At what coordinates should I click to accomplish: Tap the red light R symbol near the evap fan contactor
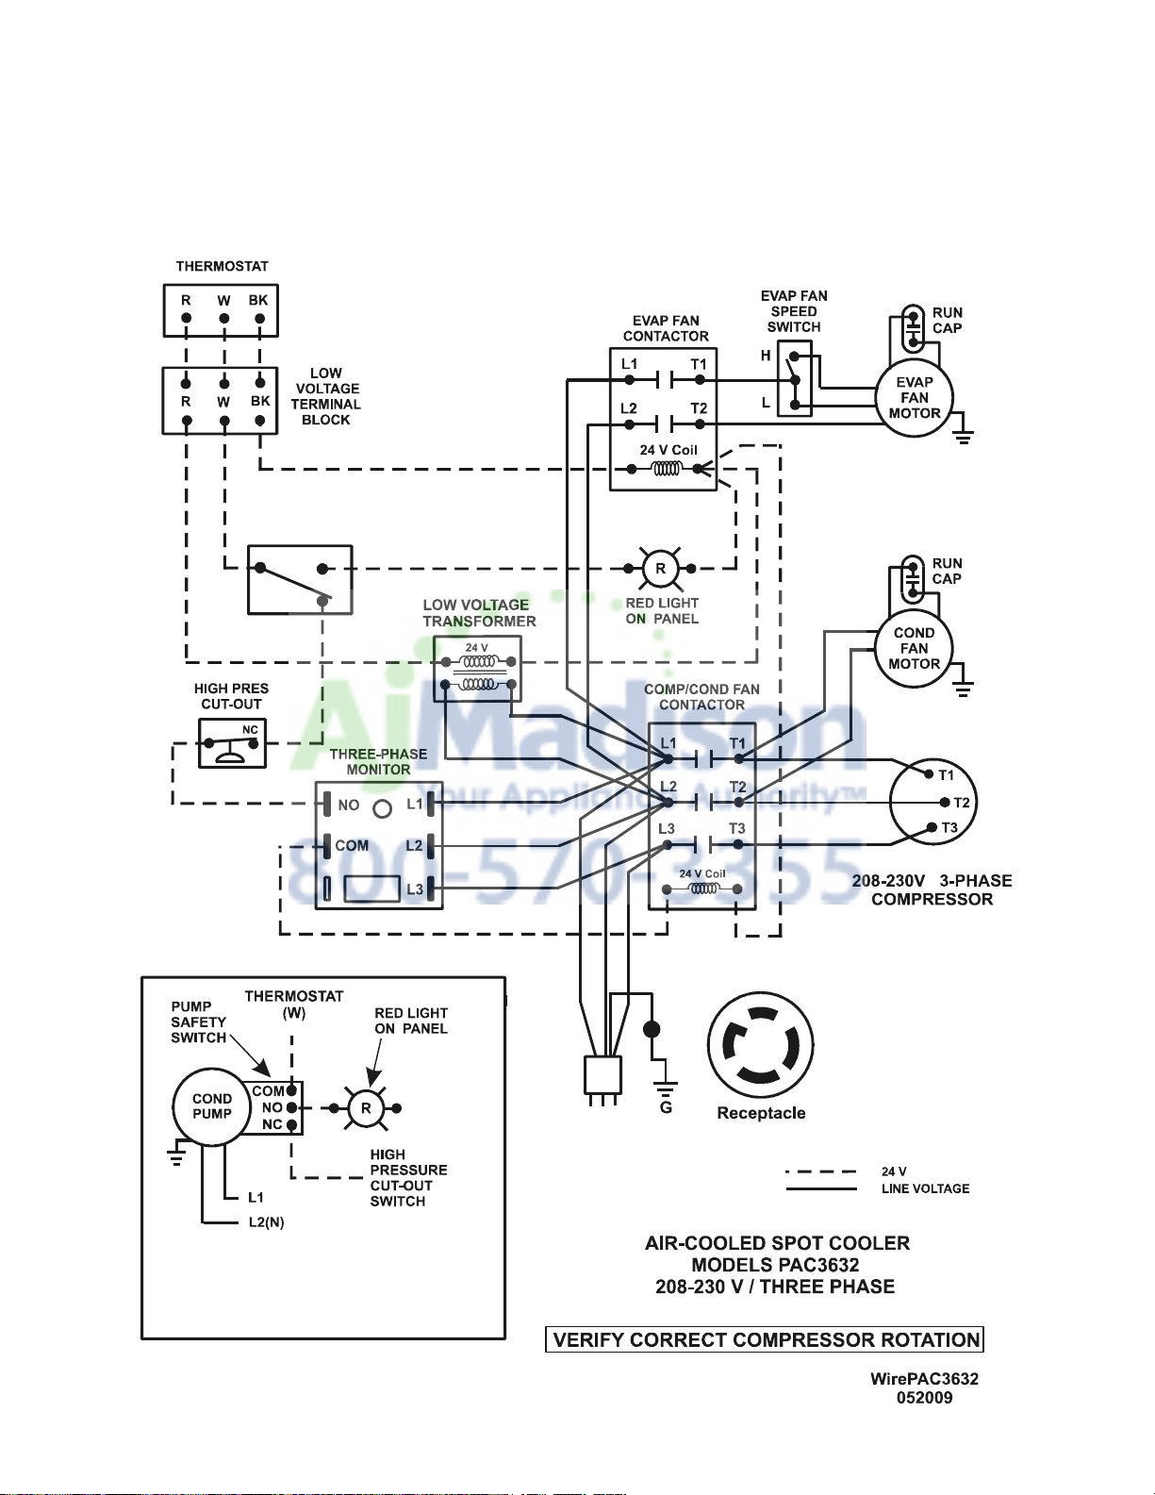pos(660,569)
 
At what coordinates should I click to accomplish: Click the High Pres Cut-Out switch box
pos(232,743)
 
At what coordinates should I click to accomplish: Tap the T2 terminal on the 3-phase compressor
pos(946,802)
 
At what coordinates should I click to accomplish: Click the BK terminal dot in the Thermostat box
pos(259,319)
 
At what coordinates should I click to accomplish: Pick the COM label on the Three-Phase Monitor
pos(352,845)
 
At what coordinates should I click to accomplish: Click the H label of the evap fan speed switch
pos(766,356)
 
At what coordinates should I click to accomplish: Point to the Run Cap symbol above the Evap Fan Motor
pos(913,329)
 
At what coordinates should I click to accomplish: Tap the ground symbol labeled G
pos(665,1089)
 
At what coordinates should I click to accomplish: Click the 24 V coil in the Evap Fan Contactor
pos(667,469)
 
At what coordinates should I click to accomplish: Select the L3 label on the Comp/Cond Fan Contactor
pos(667,829)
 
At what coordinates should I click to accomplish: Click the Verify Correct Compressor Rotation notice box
pos(765,1339)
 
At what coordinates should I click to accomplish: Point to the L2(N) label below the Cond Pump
pos(266,1222)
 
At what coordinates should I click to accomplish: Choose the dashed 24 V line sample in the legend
pos(821,1171)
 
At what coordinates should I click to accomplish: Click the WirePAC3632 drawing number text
pos(924,1379)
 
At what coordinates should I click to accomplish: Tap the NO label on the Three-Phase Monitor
pos(349,805)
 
